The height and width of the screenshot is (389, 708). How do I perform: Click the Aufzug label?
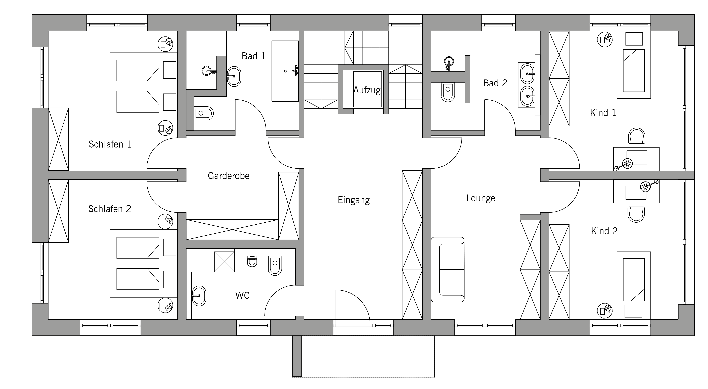(x=367, y=90)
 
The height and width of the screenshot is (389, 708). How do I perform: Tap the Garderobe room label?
(x=229, y=176)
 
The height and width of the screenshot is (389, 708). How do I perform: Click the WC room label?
(x=242, y=295)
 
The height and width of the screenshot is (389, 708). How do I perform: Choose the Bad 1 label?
(x=253, y=56)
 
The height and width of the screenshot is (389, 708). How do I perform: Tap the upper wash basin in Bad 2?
(x=527, y=74)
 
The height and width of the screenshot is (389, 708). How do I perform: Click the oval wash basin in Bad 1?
(x=234, y=76)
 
